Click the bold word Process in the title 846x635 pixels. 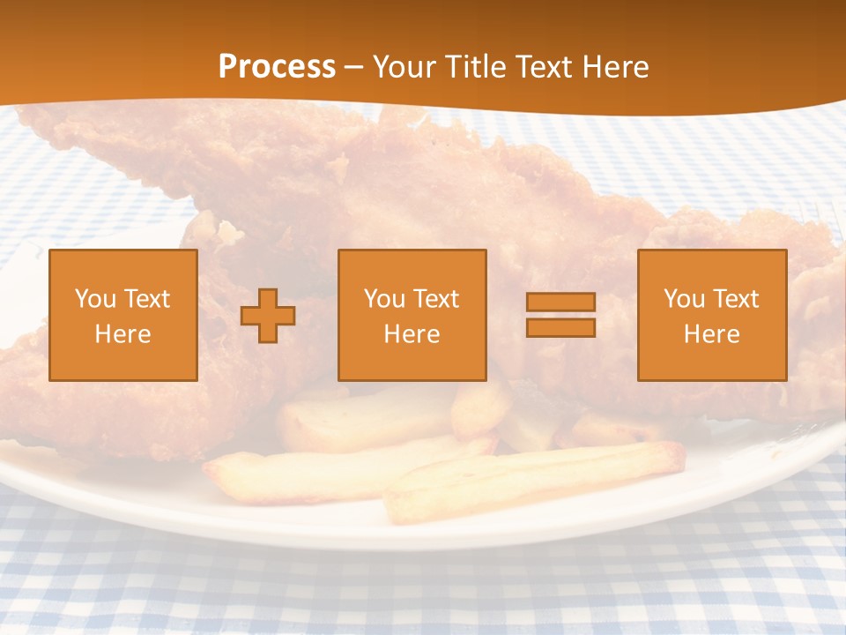[277, 67]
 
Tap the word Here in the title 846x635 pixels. [615, 67]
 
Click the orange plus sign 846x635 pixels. [268, 316]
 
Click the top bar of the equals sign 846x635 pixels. [560, 302]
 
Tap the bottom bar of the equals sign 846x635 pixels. [560, 327]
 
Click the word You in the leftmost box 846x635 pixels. [95, 299]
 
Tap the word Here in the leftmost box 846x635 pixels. [123, 334]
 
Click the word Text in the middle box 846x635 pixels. [436, 299]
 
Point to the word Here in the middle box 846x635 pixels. [412, 334]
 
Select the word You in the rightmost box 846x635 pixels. [684, 299]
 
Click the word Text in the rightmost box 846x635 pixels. [736, 299]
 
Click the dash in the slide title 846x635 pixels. [354, 67]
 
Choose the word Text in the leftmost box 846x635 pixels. [147, 299]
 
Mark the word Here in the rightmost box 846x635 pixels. [712, 334]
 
